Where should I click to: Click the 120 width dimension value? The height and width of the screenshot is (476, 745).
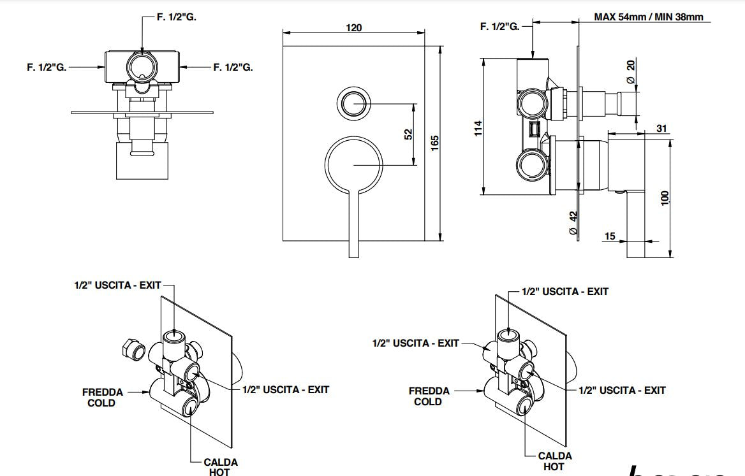(354, 27)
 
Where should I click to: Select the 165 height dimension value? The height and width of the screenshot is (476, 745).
(435, 142)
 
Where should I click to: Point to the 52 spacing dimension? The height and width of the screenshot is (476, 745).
(408, 134)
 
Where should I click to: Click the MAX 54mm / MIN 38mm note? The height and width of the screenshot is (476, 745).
(649, 17)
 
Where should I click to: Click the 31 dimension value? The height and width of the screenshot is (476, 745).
(661, 129)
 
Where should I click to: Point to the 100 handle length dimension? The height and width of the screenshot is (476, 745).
(665, 198)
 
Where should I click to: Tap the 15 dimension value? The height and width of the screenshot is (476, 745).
(610, 236)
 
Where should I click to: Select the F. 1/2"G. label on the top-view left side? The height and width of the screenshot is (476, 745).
(47, 66)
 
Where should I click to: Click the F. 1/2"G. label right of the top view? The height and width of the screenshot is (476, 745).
(233, 66)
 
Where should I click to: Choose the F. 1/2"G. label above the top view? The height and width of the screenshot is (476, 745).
(177, 17)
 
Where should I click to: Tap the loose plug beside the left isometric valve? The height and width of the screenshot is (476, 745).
(131, 349)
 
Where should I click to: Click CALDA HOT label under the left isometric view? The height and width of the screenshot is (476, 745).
(221, 466)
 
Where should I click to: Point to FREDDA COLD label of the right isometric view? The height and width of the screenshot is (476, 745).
(429, 396)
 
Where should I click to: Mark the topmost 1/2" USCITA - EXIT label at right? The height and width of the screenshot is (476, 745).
(564, 291)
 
